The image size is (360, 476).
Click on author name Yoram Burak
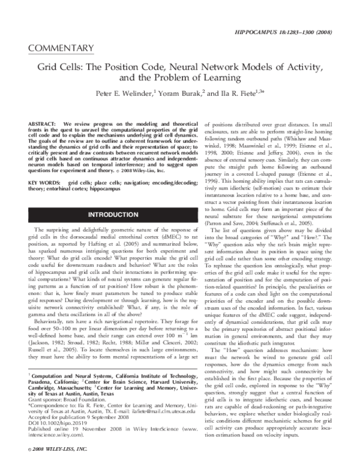pos(178,94)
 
